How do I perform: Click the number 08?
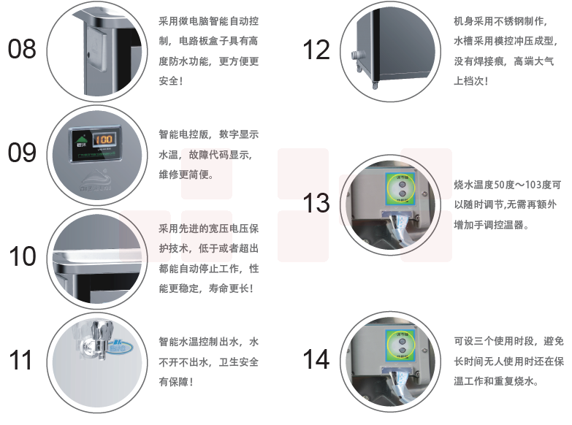[22, 49]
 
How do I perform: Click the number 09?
[22, 153]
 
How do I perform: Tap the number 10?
[23, 256]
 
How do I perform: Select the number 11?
[20, 360]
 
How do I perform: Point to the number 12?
[316, 50]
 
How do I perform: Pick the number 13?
[316, 203]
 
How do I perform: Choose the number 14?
[316, 359]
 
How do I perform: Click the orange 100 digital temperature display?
[104, 139]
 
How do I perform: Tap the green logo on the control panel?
[80, 140]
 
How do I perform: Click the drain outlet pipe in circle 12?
[356, 55]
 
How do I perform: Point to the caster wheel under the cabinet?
[375, 85]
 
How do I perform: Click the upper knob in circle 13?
[402, 184]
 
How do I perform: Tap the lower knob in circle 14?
[402, 351]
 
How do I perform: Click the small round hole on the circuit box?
[88, 55]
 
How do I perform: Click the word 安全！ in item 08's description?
[171, 80]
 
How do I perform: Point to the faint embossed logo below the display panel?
[96, 180]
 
